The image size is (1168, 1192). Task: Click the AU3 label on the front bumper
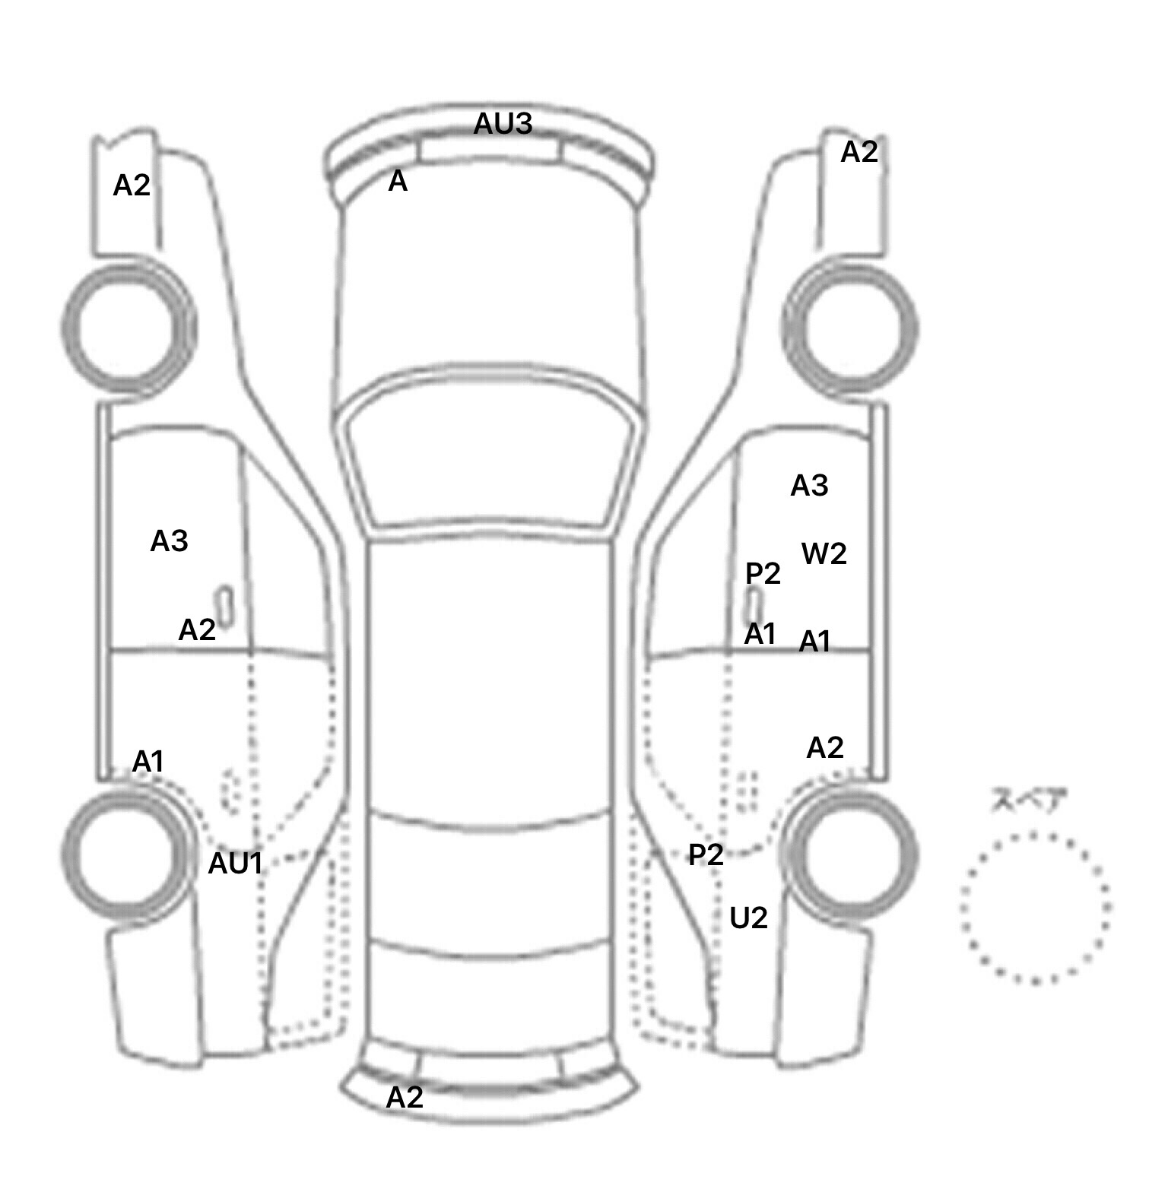503,123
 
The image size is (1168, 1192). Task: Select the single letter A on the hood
398,181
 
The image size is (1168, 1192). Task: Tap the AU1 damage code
236,863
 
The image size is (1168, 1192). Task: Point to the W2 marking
824,553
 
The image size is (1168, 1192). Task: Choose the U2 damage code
748,918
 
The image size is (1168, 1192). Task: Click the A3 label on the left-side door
169,541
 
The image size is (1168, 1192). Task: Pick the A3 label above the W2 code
809,485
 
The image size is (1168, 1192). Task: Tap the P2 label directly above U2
706,855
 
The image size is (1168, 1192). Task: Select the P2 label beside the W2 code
763,573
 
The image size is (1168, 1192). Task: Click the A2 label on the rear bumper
405,1097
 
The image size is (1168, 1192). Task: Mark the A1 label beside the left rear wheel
148,761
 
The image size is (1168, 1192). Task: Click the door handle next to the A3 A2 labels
225,608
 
